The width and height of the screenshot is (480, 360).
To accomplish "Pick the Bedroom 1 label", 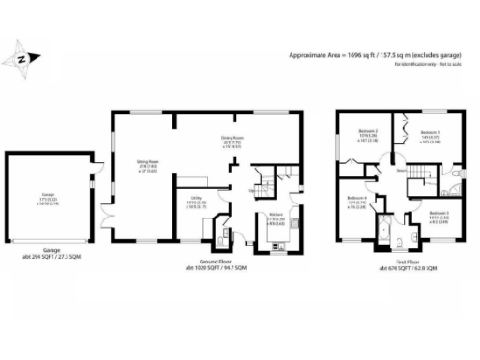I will pyautogui.click(x=430, y=134).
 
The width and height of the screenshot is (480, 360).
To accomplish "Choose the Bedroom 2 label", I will pyautogui.click(x=368, y=134).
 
